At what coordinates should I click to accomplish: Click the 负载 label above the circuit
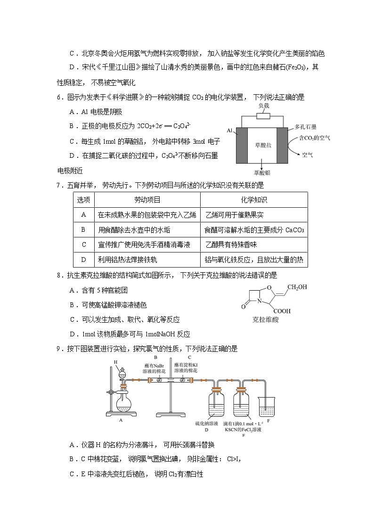coord(263,106)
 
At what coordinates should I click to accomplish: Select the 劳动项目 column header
coord(147,200)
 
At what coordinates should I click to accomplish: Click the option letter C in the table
coord(84,244)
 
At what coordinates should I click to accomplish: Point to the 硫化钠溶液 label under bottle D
coord(207,423)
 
